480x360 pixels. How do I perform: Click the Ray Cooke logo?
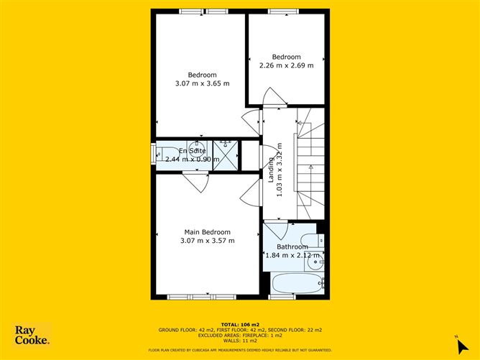33,335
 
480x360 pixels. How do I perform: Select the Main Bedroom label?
208,232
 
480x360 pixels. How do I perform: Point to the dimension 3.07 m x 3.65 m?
202,84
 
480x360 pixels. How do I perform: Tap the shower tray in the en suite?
226,154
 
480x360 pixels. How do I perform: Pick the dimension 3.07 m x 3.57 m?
208,241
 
